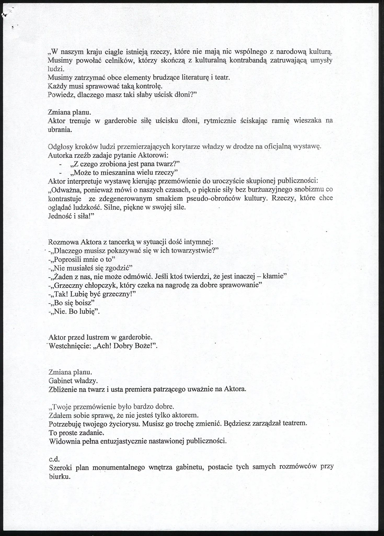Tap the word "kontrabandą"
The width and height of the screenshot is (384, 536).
click(x=248, y=61)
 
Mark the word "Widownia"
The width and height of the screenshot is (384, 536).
click(x=62, y=441)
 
